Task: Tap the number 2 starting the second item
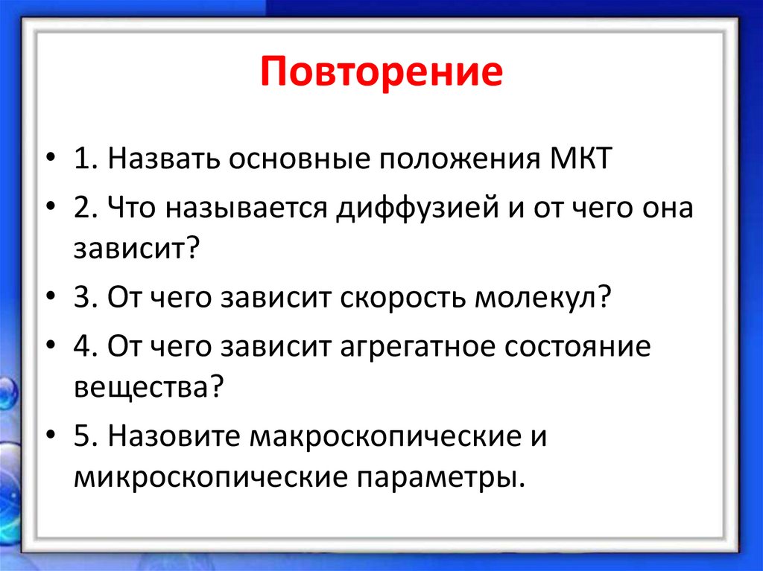(82, 208)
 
